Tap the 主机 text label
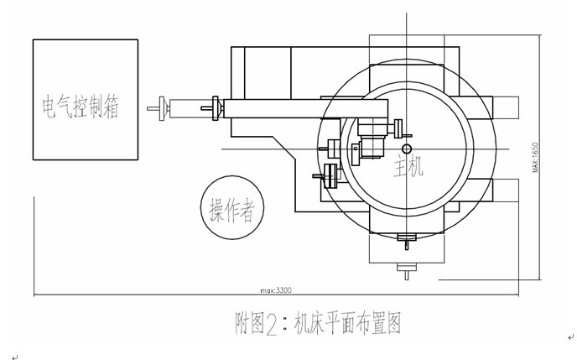tap(408, 166)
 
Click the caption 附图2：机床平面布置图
tap(318, 323)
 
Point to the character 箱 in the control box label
tap(112, 108)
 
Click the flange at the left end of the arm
tap(217, 108)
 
